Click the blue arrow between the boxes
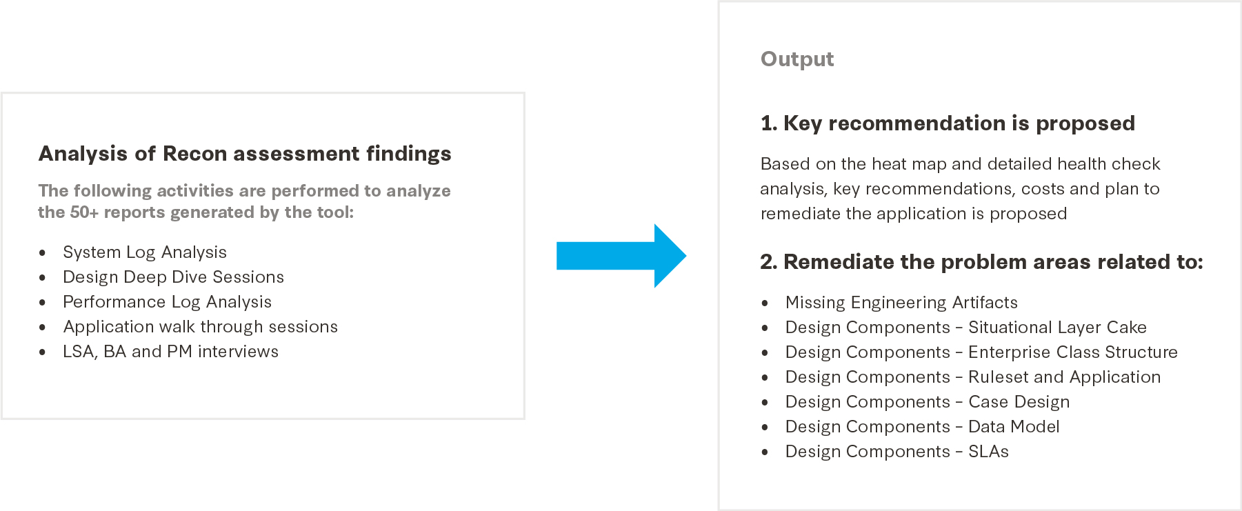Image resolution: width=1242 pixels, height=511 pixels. click(621, 256)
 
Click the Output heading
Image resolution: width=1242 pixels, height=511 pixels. click(797, 59)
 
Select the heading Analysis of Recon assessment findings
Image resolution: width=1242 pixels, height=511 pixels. click(245, 153)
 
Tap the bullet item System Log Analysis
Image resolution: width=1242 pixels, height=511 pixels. click(145, 252)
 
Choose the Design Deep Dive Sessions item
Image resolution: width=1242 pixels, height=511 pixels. click(173, 277)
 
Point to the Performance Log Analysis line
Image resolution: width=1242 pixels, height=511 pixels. click(167, 302)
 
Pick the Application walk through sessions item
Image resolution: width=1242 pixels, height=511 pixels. click(200, 327)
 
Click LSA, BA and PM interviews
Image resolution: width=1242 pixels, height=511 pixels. click(170, 352)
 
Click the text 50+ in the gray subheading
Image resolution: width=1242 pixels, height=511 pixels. click(84, 212)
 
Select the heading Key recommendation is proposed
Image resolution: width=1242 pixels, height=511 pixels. click(959, 123)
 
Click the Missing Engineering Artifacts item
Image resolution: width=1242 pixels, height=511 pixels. click(901, 303)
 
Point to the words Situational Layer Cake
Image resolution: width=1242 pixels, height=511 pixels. click(1057, 328)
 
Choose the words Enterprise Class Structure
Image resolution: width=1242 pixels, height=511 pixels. click(1073, 352)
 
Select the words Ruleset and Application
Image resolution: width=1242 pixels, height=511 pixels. click(1065, 377)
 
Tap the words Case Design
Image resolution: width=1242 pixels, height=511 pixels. click(1019, 402)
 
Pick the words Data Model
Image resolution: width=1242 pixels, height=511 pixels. click(1014, 427)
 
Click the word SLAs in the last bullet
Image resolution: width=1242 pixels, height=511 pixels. click(988, 452)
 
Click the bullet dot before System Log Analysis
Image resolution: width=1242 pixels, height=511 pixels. click(43, 253)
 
